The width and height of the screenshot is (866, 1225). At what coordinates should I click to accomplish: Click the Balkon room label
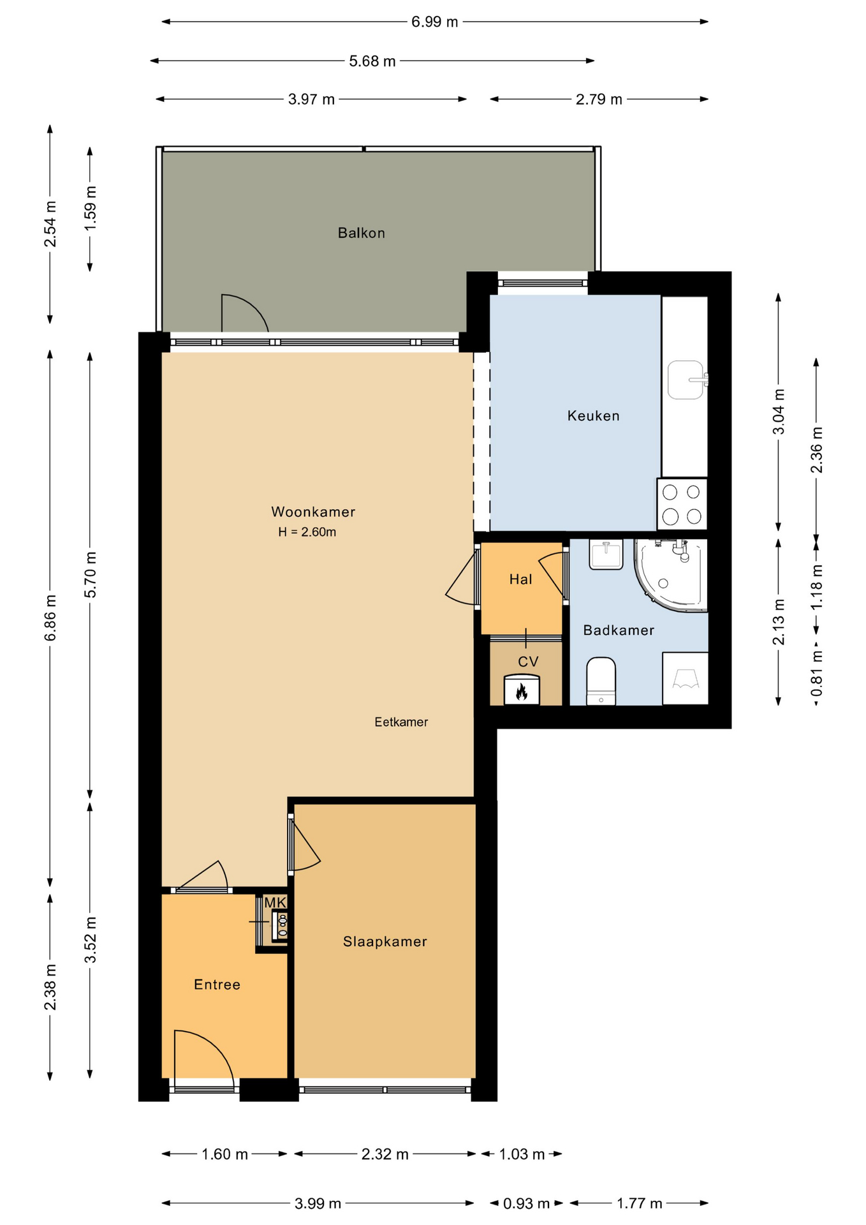pyautogui.click(x=361, y=233)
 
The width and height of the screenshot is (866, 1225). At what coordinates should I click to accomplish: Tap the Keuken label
pyautogui.click(x=593, y=416)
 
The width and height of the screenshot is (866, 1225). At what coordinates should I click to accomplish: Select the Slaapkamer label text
pyautogui.click(x=385, y=942)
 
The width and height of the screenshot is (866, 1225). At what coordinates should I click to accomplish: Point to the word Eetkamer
pyautogui.click(x=401, y=722)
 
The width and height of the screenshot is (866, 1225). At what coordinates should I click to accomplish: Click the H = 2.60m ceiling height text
pyautogui.click(x=307, y=532)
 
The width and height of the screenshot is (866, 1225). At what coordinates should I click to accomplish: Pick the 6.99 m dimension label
pyautogui.click(x=434, y=22)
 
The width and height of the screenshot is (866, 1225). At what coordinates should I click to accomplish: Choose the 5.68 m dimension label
pyautogui.click(x=372, y=61)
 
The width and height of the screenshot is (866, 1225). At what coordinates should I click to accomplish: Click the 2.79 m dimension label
pyautogui.click(x=599, y=100)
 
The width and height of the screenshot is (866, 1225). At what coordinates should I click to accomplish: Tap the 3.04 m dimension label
pyautogui.click(x=779, y=412)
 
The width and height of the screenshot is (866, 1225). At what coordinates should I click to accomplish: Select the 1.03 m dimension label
pyautogui.click(x=522, y=1154)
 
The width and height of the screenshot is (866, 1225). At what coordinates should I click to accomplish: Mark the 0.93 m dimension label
pyautogui.click(x=526, y=1204)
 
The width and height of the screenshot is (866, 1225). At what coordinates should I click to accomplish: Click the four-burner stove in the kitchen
pyautogui.click(x=682, y=504)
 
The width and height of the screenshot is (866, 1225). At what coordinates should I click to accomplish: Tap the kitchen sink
pyautogui.click(x=686, y=380)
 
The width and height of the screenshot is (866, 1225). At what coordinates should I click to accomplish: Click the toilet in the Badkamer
pyautogui.click(x=601, y=681)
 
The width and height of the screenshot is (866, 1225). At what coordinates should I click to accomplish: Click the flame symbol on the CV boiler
pyautogui.click(x=522, y=692)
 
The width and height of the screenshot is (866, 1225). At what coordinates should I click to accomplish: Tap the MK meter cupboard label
pyautogui.click(x=275, y=903)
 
